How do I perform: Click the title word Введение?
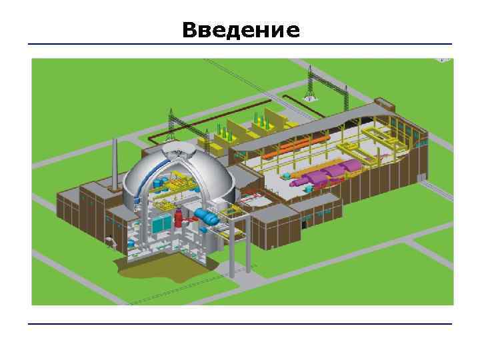pyautogui.click(x=241, y=31)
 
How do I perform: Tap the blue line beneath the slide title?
pyautogui.click(x=240, y=45)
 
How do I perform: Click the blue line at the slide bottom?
pyautogui.click(x=240, y=325)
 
